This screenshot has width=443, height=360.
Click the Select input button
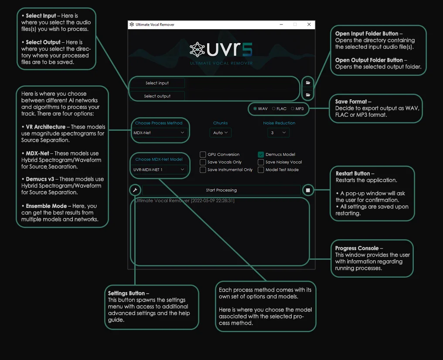[x=157, y=83]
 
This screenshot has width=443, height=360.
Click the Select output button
[x=157, y=96]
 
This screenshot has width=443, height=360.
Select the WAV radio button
[x=256, y=109]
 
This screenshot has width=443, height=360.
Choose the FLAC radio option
[x=274, y=109]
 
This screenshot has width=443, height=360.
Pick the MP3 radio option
[x=293, y=109]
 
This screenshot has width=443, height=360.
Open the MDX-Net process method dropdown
[x=159, y=132]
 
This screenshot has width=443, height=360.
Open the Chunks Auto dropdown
[x=220, y=132]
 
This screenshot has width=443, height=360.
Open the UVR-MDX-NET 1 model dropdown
[x=159, y=170]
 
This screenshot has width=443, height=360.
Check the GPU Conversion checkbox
[x=203, y=154]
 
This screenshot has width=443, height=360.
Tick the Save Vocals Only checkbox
[x=203, y=162]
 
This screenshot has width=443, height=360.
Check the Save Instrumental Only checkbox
[x=203, y=170]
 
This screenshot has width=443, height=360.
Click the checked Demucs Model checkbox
[x=261, y=154]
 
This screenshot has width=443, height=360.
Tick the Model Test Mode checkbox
[x=261, y=170]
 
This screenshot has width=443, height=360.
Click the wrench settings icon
[x=135, y=190]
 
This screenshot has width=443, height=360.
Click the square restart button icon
[x=308, y=190]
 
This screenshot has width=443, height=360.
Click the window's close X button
[x=309, y=24]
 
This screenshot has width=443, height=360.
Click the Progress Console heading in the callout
[x=357, y=248]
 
